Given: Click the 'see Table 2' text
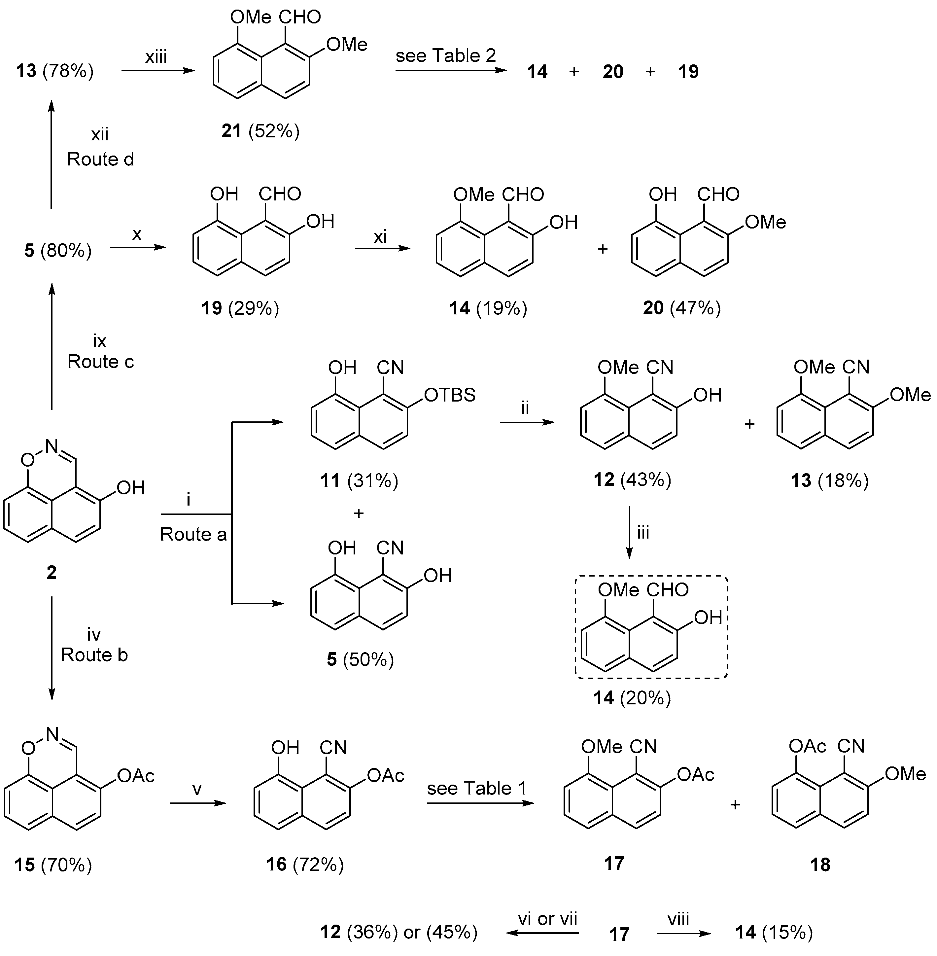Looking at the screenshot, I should (x=445, y=55).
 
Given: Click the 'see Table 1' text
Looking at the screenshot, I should (x=476, y=788).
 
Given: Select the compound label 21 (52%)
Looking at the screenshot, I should (x=260, y=131).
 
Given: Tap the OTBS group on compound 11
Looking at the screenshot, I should (x=449, y=395).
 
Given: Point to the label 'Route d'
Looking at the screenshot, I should (x=100, y=159).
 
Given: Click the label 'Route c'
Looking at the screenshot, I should (x=100, y=361).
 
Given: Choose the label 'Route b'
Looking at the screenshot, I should (x=94, y=655).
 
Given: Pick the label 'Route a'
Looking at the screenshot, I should (x=193, y=534).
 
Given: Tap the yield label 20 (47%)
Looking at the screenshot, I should (x=681, y=308).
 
